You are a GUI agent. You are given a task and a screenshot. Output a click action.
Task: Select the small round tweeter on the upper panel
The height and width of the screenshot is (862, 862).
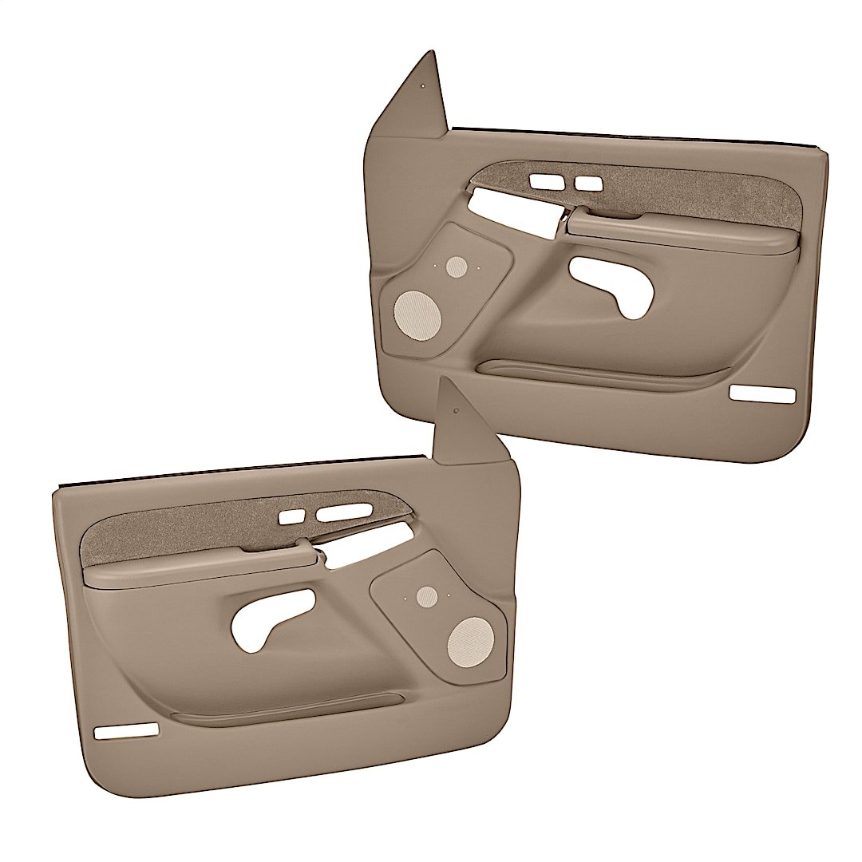(x=457, y=267)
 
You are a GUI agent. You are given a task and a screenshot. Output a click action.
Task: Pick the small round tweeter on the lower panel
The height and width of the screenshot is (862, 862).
(x=428, y=595)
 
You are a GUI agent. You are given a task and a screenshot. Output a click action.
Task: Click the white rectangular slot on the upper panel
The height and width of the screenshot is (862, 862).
(x=764, y=394)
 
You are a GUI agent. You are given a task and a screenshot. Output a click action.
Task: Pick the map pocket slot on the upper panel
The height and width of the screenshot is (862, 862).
(x=599, y=373)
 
